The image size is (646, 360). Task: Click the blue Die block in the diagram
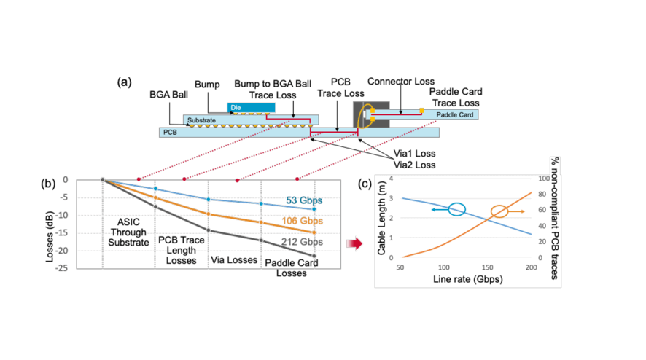(x=250, y=108)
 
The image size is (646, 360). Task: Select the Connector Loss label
(x=400, y=81)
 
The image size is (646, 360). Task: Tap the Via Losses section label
(x=233, y=259)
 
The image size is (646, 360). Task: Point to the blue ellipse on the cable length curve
(x=457, y=209)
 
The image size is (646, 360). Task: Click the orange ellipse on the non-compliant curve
(x=499, y=212)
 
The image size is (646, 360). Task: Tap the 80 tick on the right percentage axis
(x=540, y=194)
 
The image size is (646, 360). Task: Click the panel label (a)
(x=125, y=82)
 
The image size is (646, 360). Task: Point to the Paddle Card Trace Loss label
(x=454, y=98)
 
